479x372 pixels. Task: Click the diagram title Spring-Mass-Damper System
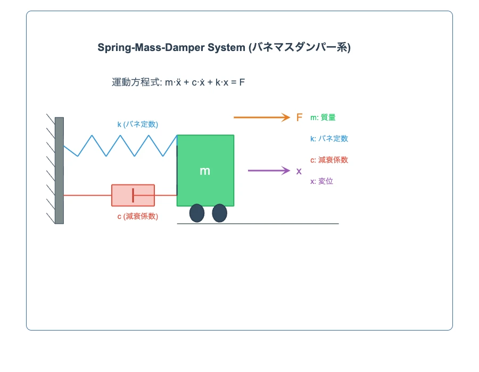tap(224, 47)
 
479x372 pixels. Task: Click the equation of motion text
tap(178, 82)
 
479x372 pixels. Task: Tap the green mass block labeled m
tap(205, 170)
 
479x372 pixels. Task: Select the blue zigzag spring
tap(120, 145)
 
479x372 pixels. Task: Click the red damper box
tap(122, 195)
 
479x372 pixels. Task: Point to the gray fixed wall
tap(59, 170)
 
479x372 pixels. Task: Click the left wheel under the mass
tap(197, 213)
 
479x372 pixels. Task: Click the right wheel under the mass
tap(219, 213)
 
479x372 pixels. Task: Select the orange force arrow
tap(261, 117)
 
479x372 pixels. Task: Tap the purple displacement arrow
tap(268, 171)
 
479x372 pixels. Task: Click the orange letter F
tap(300, 117)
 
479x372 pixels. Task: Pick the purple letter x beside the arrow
tap(299, 171)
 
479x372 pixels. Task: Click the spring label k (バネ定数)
tap(138, 124)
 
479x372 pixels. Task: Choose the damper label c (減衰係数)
tap(137, 216)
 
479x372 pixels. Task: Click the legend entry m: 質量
tap(323, 117)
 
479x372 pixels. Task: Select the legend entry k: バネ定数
tap(329, 139)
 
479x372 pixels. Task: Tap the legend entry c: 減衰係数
tap(329, 160)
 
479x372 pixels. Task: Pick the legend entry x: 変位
tap(322, 181)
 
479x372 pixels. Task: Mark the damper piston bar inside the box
tap(133, 195)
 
